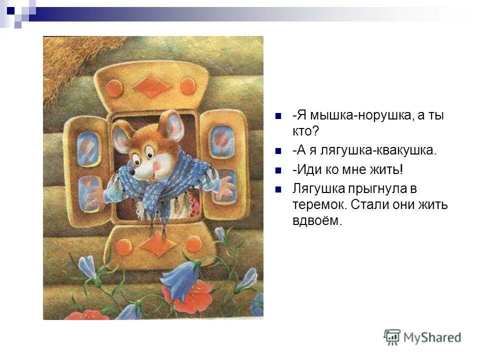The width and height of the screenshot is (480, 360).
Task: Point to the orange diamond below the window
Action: click(x=157, y=246)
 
